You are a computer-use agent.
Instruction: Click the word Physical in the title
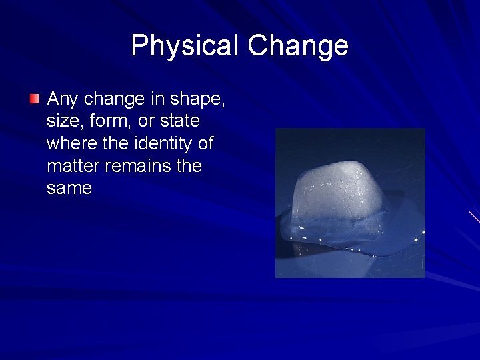[185, 46]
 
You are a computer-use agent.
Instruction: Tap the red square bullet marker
[35, 99]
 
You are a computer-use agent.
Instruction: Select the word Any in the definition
[63, 100]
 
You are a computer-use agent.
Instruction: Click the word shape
[197, 100]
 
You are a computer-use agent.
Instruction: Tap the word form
[111, 122]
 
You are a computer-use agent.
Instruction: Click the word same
[69, 189]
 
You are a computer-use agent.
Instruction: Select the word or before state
[147, 122]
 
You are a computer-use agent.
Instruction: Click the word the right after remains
[189, 166]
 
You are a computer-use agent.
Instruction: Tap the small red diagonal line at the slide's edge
[474, 217]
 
